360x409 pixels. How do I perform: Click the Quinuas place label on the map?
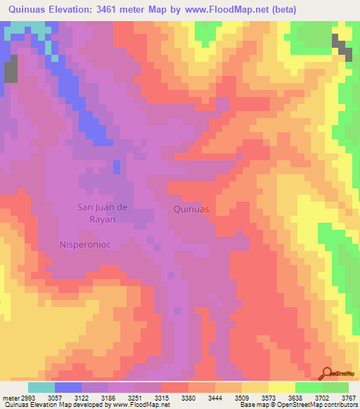(191, 209)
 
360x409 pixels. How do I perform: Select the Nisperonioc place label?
(86, 245)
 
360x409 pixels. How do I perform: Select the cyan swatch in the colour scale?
(41, 387)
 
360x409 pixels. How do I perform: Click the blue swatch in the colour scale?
(67, 387)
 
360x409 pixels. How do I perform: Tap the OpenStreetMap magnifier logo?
(328, 375)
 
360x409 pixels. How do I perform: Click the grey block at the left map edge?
(11, 72)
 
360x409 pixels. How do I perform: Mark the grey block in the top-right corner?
(342, 46)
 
